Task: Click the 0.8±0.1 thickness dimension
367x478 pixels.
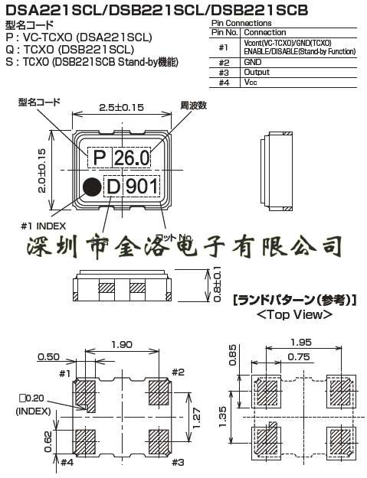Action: coord(218,284)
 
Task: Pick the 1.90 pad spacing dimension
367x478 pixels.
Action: coord(123,346)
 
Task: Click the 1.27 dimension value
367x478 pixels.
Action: coord(198,415)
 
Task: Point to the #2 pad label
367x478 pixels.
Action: coord(179,372)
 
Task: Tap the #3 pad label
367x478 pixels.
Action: coord(179,462)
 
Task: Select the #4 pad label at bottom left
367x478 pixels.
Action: coord(67,462)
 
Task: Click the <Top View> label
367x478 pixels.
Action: coord(294,314)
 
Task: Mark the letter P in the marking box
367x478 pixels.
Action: coord(98,159)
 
